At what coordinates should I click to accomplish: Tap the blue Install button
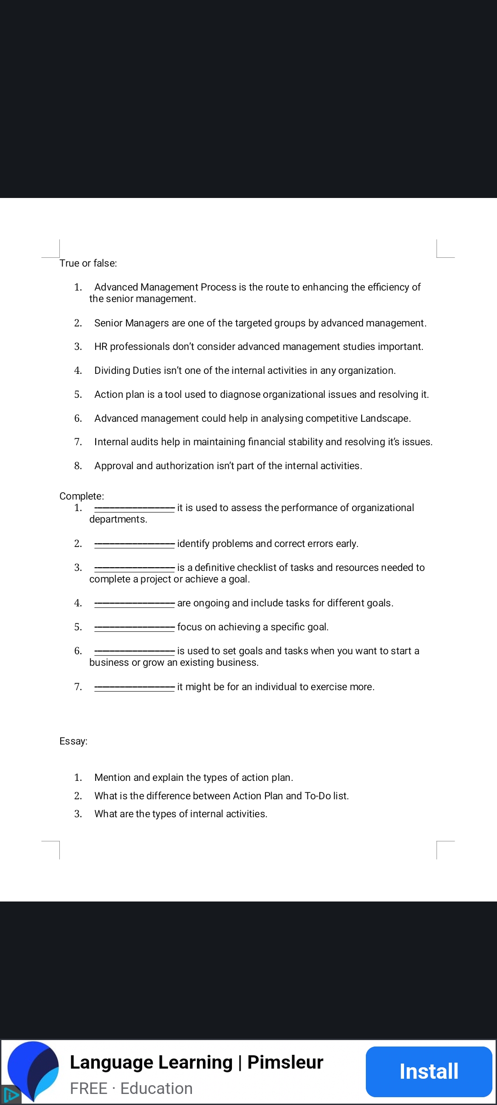(428, 1071)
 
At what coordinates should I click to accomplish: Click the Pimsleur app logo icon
(34, 1070)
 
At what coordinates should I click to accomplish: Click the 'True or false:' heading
(88, 263)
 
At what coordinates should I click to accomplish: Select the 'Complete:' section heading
(81, 496)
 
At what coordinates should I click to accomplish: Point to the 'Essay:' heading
(73, 741)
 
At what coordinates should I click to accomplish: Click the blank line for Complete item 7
(134, 687)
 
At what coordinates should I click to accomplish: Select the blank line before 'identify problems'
(134, 544)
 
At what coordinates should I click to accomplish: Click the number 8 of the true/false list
(78, 465)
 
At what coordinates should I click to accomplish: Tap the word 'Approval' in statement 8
(114, 465)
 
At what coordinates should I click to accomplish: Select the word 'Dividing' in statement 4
(112, 370)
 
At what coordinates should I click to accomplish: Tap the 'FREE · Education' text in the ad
(131, 1088)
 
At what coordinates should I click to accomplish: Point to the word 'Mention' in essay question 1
(113, 777)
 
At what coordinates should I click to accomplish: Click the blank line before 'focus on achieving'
(134, 627)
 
